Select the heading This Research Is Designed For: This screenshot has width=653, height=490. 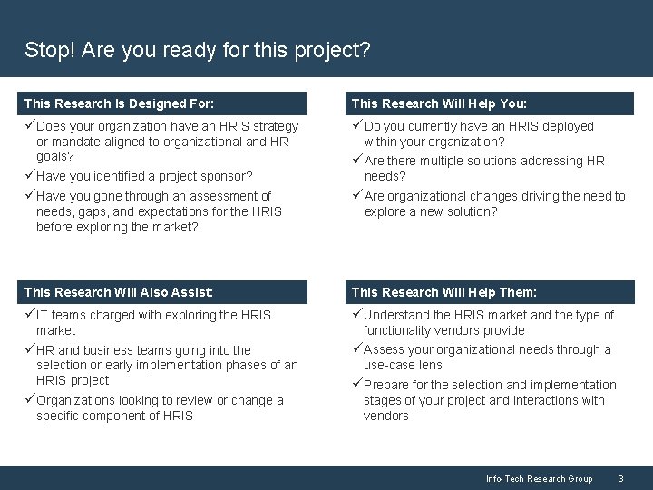pos(119,103)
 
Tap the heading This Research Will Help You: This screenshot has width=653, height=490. pos(443,103)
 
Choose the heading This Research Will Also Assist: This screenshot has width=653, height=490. pos(119,292)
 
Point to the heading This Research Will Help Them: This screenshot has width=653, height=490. pos(443,292)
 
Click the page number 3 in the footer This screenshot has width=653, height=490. pos(620,478)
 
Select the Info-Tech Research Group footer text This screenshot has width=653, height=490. pos(539,478)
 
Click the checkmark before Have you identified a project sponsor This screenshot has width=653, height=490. pos(30,175)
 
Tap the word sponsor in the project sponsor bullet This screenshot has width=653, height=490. pos(229,176)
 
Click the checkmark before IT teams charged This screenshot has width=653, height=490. pos(30,315)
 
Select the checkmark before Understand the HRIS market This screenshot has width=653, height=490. pos(357,315)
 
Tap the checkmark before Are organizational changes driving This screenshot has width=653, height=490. pos(357,196)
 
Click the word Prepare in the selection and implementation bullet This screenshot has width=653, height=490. pos(387,385)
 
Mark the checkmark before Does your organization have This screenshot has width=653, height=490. pos(30,126)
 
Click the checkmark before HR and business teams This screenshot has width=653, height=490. pos(30,349)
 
